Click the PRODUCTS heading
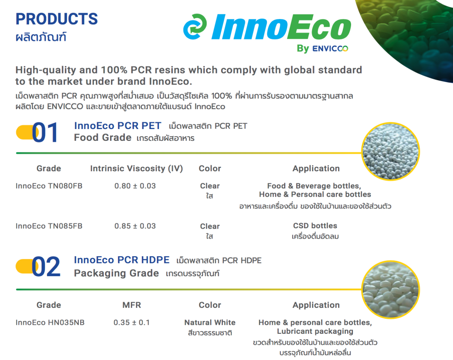click(57, 19)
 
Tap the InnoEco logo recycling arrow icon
click(194, 27)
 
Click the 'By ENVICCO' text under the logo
click(323, 48)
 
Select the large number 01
click(45, 133)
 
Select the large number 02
click(46, 266)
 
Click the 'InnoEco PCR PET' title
click(118, 125)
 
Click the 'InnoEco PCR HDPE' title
click(121, 260)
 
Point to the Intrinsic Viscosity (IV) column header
click(136, 168)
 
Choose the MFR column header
click(132, 305)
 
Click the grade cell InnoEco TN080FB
click(49, 186)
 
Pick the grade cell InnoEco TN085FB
click(49, 226)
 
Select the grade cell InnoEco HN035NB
click(50, 322)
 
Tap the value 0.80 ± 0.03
click(135, 186)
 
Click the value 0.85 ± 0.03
click(135, 226)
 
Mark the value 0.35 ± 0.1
click(131, 322)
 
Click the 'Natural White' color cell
click(210, 322)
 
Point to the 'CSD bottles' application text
click(315, 226)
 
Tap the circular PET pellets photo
click(390, 151)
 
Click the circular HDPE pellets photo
click(390, 289)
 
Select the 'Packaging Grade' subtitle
click(116, 273)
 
